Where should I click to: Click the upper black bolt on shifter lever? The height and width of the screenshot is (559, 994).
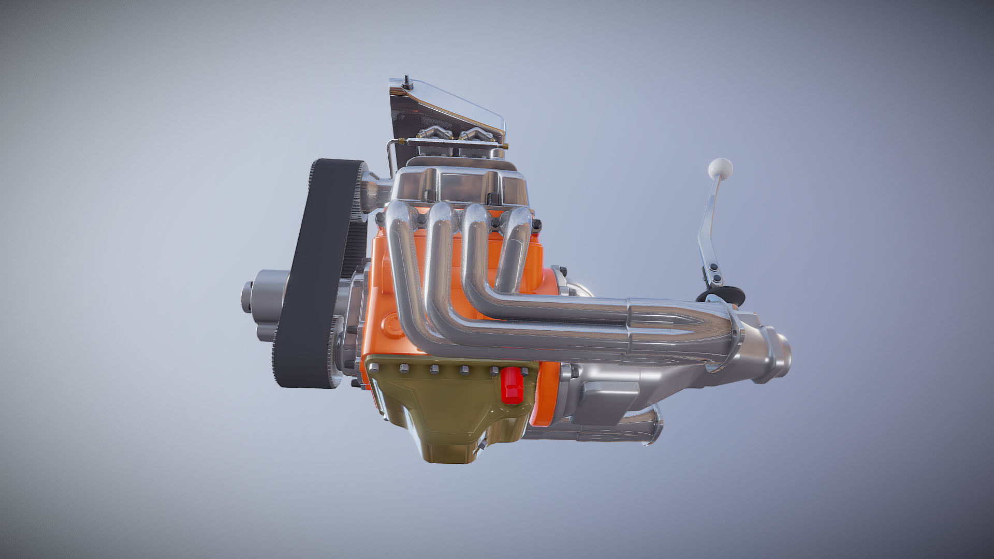point(713,267)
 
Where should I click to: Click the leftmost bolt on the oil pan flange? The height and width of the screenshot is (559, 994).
point(371,368)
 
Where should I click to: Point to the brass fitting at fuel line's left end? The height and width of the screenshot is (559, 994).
point(408,140)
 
